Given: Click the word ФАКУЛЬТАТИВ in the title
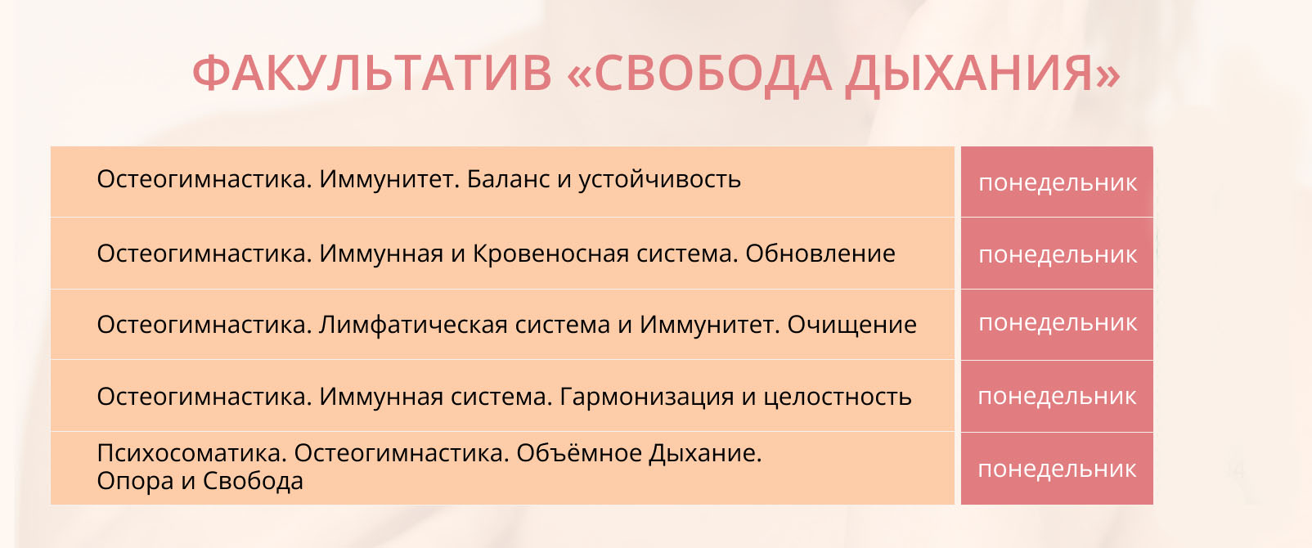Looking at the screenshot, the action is (372, 74).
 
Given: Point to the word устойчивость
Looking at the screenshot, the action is (660, 180).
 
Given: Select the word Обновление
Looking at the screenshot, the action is (820, 254).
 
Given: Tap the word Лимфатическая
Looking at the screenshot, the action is (413, 325).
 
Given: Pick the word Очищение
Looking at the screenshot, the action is (851, 326).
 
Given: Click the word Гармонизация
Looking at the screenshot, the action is (647, 397).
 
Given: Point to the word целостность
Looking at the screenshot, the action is (838, 398).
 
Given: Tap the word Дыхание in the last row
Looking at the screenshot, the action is (705, 453).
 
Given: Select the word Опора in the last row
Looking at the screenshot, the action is (136, 482).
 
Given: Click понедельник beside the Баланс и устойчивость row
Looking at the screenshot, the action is (1058, 183).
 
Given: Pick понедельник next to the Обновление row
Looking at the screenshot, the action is (1058, 255).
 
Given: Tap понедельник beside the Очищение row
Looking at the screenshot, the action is (1058, 323).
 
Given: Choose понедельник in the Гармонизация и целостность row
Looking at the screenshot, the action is (1058, 397).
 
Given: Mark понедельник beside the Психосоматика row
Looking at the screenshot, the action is (1058, 469).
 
